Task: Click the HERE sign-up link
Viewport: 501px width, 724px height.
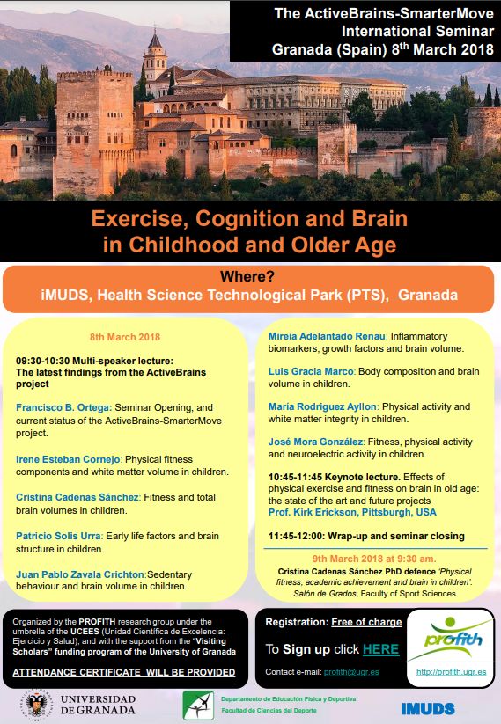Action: coord(381,649)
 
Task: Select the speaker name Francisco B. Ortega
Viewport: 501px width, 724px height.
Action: coord(63,408)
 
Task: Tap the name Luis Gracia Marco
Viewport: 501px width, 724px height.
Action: coord(307,371)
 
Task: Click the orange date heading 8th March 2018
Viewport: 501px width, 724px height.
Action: coord(125,337)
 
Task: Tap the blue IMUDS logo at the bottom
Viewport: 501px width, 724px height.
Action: coord(427,708)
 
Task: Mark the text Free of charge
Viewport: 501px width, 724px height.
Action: coord(366,622)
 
